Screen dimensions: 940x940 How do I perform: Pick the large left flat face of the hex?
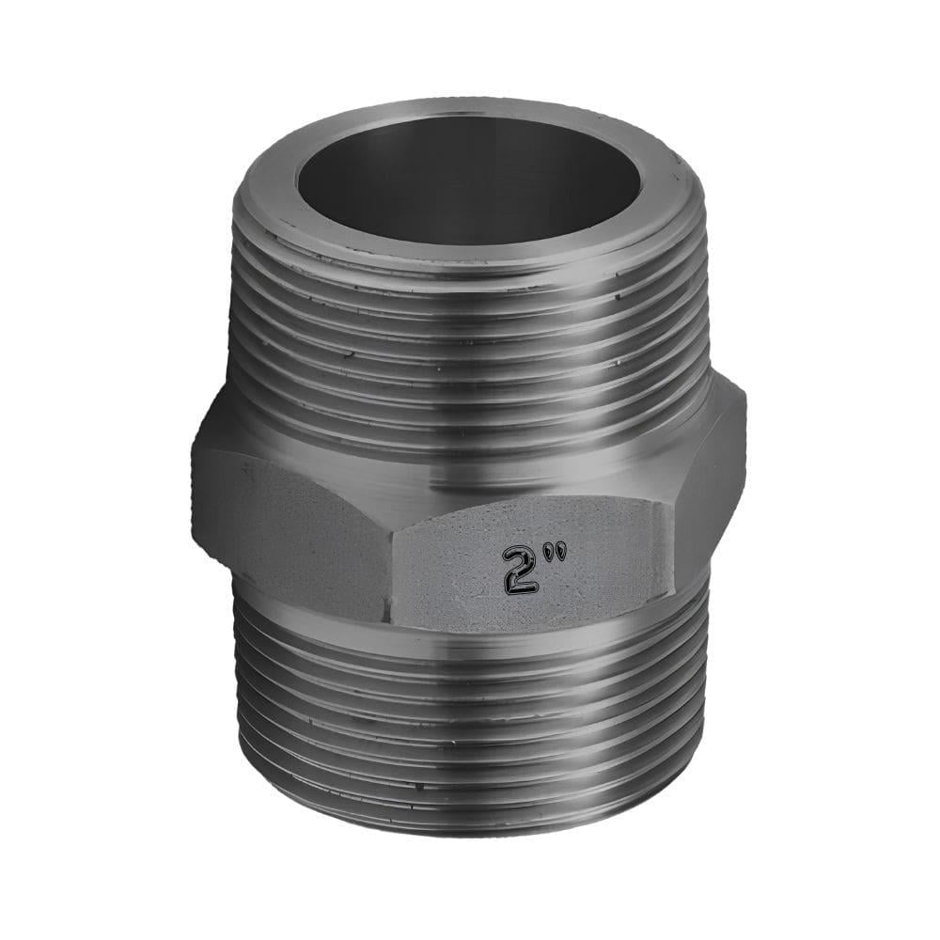(291, 526)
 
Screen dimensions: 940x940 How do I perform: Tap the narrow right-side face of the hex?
(714, 489)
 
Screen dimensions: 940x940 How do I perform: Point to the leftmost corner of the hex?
(194, 470)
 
